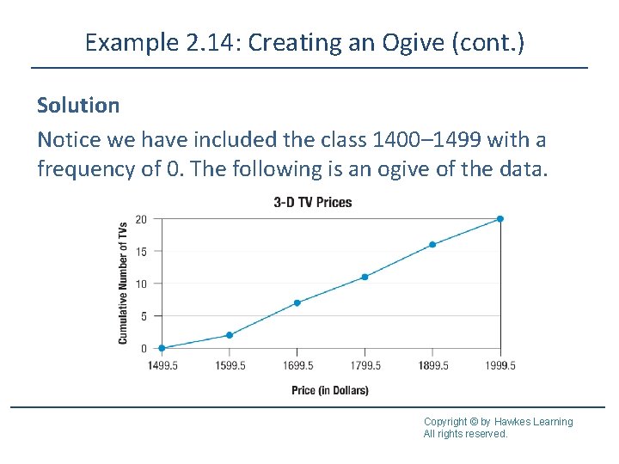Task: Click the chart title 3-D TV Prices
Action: pos(312,203)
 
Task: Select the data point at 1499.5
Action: pos(162,348)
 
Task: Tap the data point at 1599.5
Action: pos(230,335)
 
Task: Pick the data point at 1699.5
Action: pos(297,302)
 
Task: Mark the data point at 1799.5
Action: pos(365,277)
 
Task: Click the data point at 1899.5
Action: pos(432,245)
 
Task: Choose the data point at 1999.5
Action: pos(500,219)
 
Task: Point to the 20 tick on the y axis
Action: pos(141,219)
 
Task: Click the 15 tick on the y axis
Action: pos(141,252)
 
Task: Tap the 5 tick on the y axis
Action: pos(143,316)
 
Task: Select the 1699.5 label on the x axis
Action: pos(297,365)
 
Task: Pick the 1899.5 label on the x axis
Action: pos(432,365)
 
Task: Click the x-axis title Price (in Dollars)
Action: pos(330,391)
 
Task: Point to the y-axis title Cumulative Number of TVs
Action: pos(123,284)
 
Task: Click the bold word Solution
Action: pos(78,106)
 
